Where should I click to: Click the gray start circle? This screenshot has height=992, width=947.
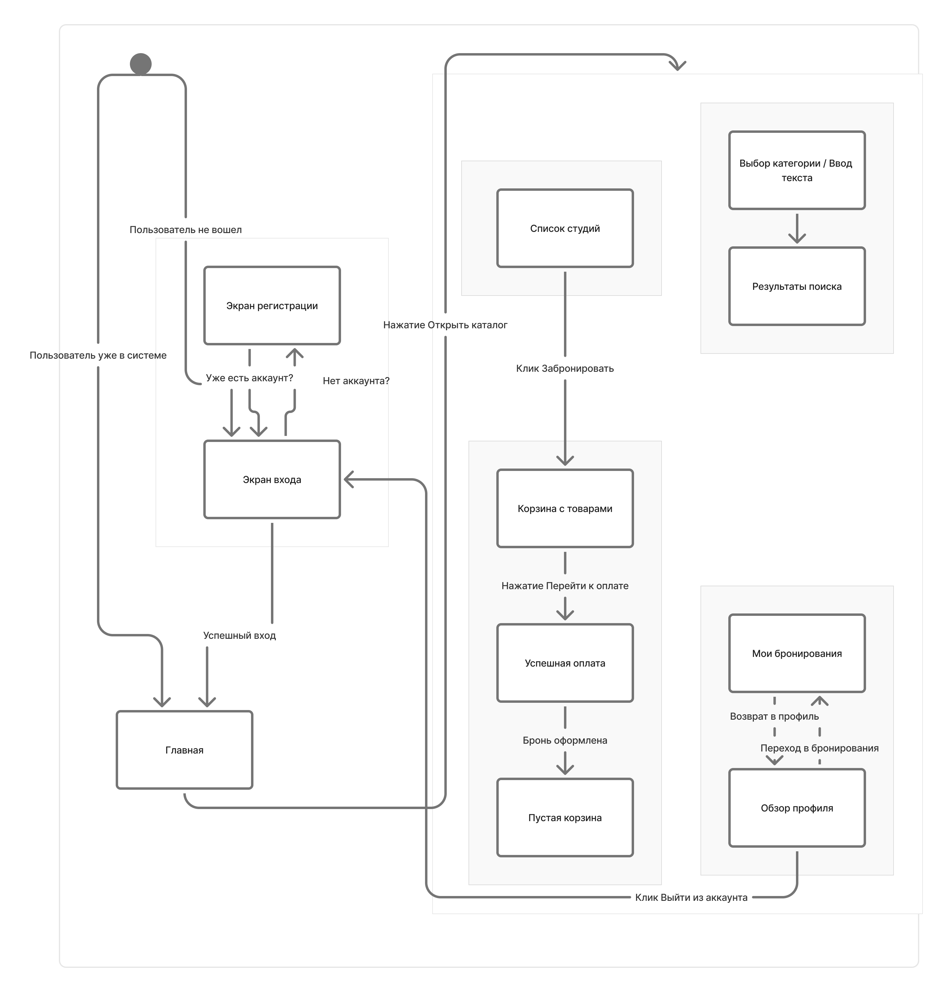(140, 64)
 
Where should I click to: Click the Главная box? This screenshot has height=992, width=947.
(184, 750)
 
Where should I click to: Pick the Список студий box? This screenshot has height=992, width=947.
(565, 228)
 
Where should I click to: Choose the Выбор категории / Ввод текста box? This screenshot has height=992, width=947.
(797, 170)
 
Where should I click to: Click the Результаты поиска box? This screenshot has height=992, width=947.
(797, 286)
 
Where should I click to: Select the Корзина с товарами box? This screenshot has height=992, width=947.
(565, 509)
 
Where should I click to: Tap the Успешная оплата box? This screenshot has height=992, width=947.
(565, 663)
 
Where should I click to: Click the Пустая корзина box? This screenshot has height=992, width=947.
(565, 818)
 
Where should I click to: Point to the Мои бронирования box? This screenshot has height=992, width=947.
(797, 653)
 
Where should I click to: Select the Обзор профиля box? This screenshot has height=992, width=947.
(797, 808)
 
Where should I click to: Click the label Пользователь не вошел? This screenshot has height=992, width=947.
(185, 229)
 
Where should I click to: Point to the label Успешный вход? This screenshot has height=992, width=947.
(239, 635)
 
